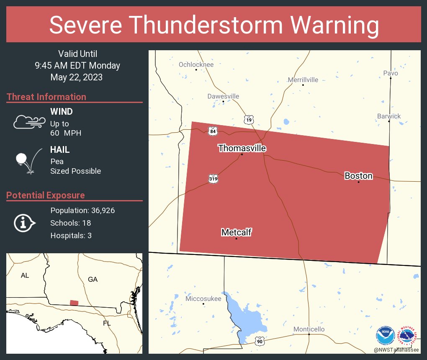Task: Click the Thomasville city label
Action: coord(242,148)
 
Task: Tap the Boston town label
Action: coord(358,176)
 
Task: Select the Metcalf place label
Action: coord(237,232)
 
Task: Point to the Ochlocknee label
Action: coord(196,64)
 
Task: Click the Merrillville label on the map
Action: coord(303,80)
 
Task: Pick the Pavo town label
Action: coord(391,73)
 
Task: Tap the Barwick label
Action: coord(388,116)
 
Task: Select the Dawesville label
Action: coord(223,96)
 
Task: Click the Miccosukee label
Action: coord(203,298)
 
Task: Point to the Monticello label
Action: coord(309,329)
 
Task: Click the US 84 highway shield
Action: coord(213,131)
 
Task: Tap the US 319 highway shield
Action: coord(213,179)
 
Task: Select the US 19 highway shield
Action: coord(249,120)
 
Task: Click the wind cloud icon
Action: coord(29,122)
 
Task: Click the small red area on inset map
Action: coord(74,303)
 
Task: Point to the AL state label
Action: coord(25,275)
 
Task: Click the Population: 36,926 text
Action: coord(82,210)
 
